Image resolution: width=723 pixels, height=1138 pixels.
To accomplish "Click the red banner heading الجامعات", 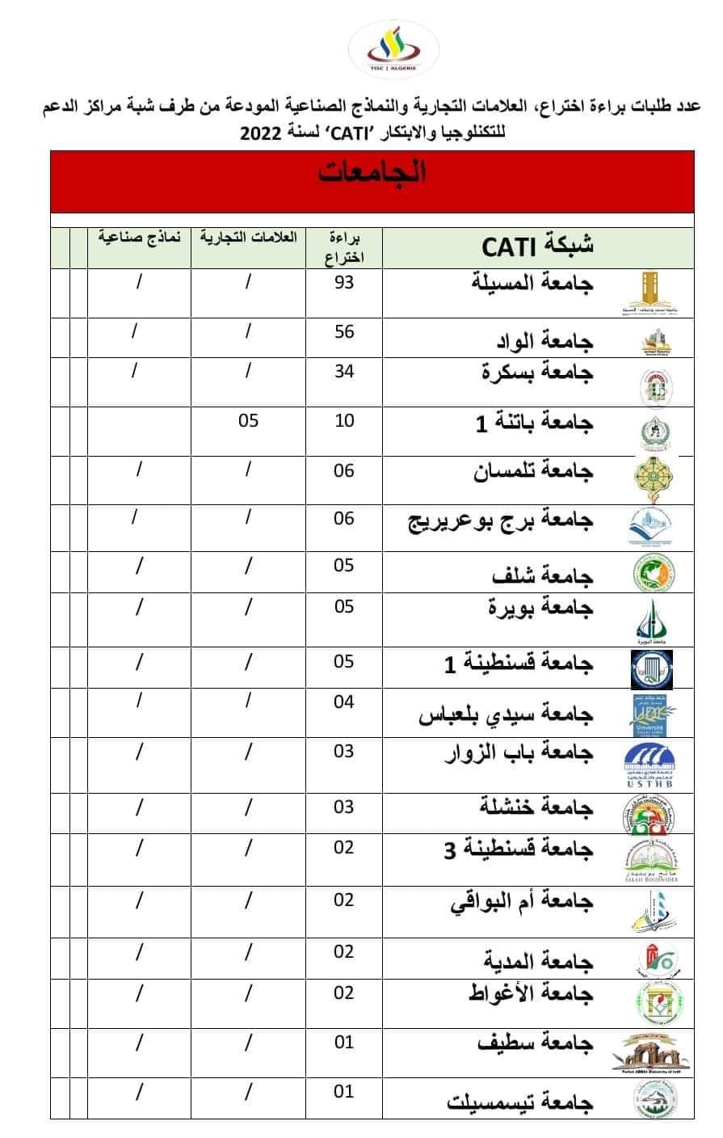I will pos(372,173).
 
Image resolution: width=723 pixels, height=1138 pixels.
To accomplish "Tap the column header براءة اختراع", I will pos(344,247).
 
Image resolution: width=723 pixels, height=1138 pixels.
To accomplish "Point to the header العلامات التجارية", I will pos(248,238).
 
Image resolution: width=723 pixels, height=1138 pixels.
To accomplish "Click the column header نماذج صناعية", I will pos(139,238).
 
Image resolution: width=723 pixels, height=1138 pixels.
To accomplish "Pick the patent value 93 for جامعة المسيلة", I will pos(344,284).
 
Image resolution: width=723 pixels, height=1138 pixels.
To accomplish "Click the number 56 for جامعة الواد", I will pos(344,332).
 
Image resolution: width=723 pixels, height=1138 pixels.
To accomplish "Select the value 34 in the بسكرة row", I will pos(344,373).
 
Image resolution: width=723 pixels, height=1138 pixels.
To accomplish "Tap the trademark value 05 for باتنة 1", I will pos(248,421).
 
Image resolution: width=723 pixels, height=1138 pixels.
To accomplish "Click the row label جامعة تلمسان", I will pos(533,472).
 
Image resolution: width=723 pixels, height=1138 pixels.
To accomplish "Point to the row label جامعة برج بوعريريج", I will pos(500,521).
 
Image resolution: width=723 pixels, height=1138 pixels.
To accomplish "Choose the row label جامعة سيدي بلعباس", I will pos(506,714).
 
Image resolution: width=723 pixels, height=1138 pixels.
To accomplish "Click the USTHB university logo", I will pos(649,765).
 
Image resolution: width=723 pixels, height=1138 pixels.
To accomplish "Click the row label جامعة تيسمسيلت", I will pos(520,1102).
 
